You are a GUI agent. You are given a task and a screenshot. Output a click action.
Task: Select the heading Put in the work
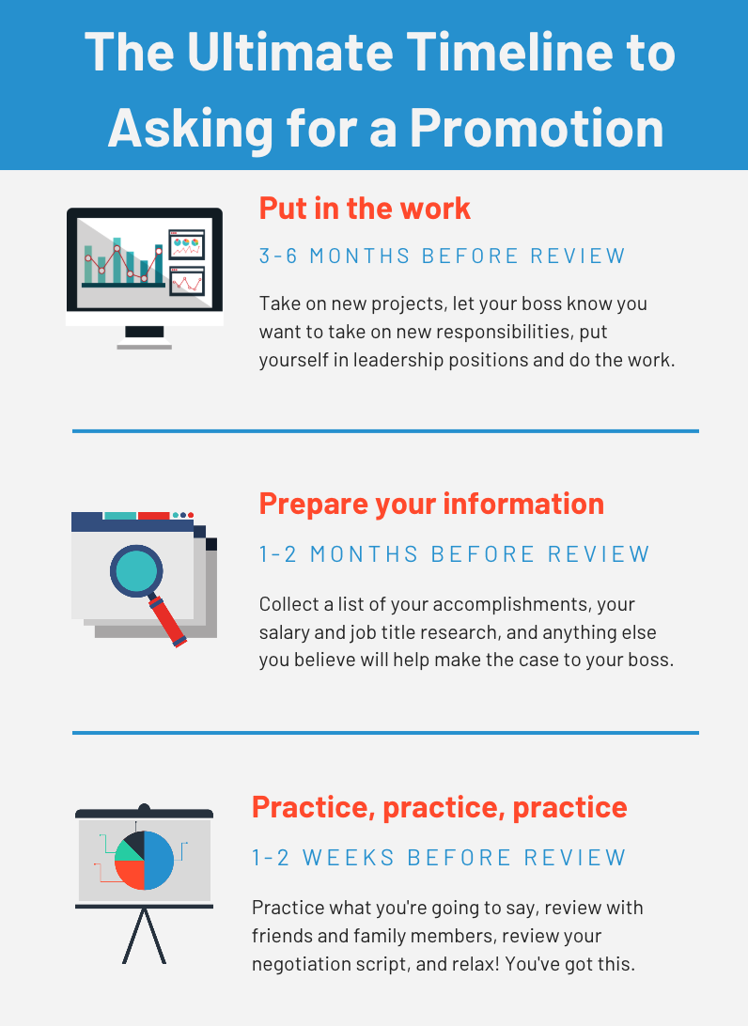click(x=365, y=208)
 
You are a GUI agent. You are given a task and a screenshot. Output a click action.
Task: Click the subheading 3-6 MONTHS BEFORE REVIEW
click(x=442, y=256)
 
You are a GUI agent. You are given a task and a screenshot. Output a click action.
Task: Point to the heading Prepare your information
click(x=431, y=504)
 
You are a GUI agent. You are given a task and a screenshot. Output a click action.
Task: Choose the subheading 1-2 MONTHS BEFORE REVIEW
click(x=454, y=554)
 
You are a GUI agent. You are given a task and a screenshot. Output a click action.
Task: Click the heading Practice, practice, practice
click(x=439, y=806)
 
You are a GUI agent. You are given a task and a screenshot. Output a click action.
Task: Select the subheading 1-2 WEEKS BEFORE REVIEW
click(x=439, y=857)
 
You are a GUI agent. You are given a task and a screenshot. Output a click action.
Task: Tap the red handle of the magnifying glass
click(x=169, y=620)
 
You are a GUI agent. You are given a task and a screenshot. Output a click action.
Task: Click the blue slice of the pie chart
click(x=160, y=860)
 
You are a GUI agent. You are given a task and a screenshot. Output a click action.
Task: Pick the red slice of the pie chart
click(x=130, y=874)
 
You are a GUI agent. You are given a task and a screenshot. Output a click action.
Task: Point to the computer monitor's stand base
click(x=144, y=347)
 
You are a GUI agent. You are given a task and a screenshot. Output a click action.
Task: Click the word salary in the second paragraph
click(x=282, y=631)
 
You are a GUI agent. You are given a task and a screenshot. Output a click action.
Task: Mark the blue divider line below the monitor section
click(x=385, y=431)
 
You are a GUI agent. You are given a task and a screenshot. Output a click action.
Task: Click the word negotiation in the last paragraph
click(x=301, y=964)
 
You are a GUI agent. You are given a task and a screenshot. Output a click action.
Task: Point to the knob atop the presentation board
click(x=144, y=808)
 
